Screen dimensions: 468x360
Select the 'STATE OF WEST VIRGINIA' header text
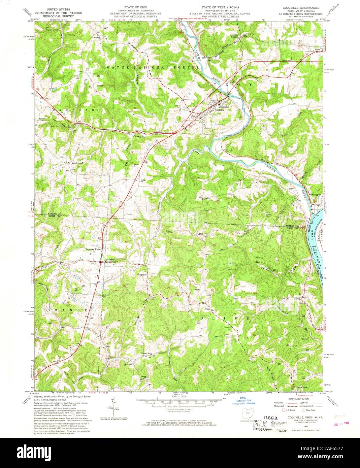pos(220,7)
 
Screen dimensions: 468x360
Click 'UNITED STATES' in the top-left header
pos(51,7)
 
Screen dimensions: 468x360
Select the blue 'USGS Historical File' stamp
pos(243,400)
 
